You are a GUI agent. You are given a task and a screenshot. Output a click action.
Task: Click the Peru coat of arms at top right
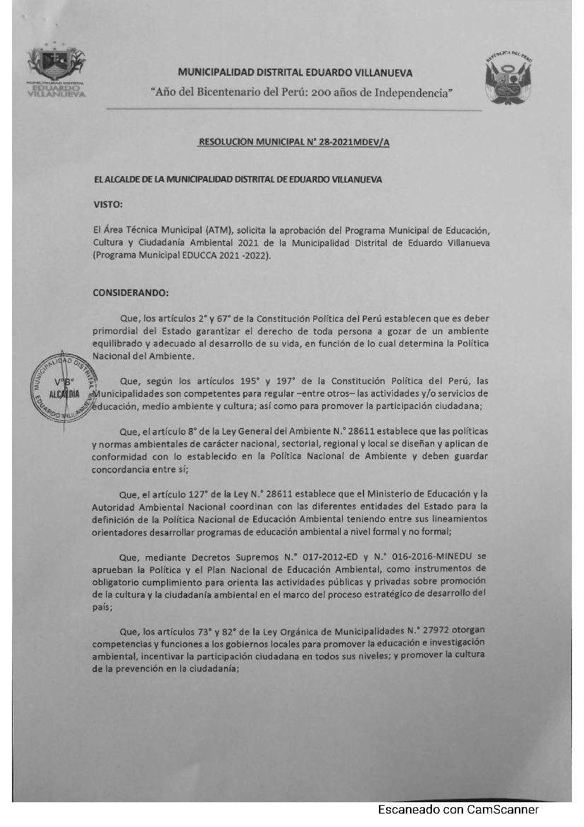(x=508, y=77)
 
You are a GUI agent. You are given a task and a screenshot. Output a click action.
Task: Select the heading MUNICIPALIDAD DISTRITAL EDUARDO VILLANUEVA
(x=296, y=72)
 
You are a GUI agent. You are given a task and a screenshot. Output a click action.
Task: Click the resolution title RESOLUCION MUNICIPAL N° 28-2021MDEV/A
(x=294, y=142)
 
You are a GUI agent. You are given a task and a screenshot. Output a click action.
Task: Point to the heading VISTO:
(x=108, y=204)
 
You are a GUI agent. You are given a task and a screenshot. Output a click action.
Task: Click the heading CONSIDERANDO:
(x=131, y=291)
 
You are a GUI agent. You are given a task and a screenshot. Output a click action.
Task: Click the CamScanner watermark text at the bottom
(x=458, y=809)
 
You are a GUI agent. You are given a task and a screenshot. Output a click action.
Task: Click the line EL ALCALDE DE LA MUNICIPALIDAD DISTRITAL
(x=238, y=180)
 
